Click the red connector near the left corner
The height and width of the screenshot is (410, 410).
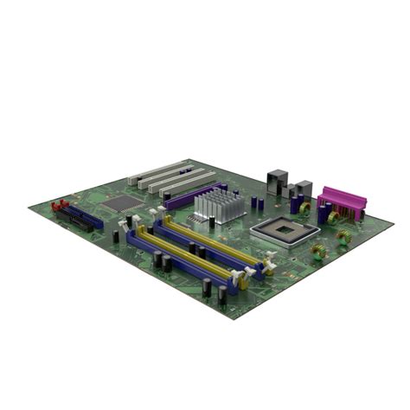pyautogui.click(x=60, y=207)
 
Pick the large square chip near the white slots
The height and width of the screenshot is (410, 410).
pyautogui.click(x=123, y=202)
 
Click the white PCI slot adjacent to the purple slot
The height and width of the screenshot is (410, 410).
pyautogui.click(x=187, y=184)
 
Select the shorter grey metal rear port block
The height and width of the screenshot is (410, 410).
pyautogui.click(x=302, y=189)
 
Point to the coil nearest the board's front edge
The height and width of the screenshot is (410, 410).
pyautogui.click(x=319, y=252)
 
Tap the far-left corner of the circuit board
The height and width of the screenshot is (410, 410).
pyautogui.click(x=29, y=206)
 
